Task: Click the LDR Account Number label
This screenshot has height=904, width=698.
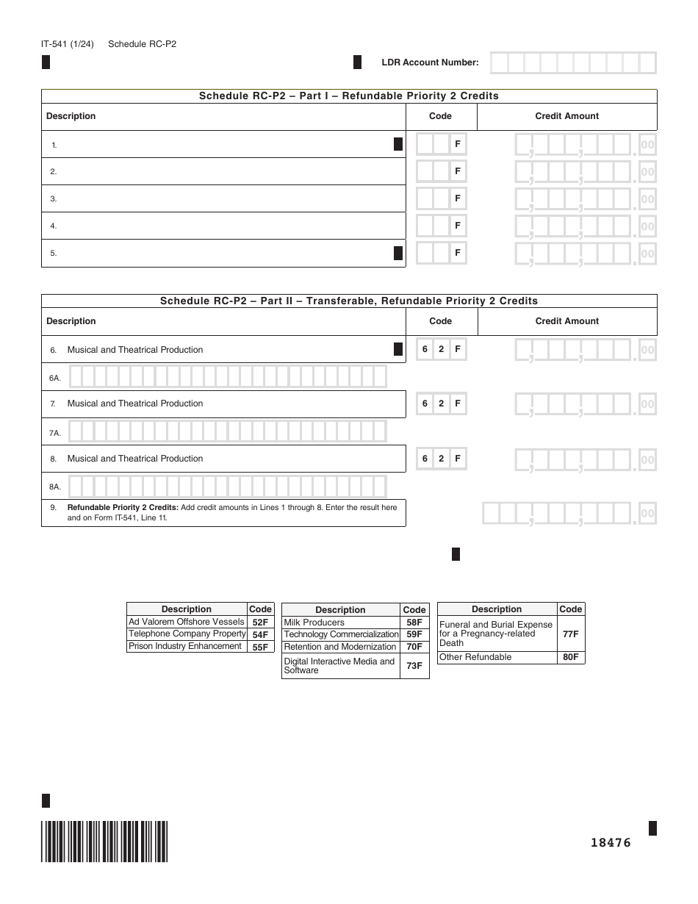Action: pos(430,62)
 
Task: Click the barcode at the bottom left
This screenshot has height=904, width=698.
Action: pos(104,841)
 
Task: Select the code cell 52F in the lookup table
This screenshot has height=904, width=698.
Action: pos(260,622)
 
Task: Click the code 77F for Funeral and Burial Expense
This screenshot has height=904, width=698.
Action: pos(570,634)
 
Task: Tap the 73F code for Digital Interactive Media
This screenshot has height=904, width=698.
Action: pos(414,666)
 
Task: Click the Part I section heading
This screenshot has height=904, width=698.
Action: pos(349,96)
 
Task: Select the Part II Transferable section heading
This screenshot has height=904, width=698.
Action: pos(349,301)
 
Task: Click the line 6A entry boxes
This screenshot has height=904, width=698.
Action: pos(228,377)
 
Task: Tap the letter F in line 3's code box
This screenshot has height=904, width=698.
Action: pos(458,198)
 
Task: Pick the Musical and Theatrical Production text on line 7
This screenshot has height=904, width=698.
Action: pos(135,403)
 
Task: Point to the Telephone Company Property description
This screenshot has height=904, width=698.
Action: pos(187,634)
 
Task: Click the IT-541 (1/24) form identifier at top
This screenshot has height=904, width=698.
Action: pos(67,44)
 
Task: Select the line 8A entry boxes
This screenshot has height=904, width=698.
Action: pos(228,486)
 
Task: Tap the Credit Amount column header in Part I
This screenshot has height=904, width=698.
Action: pos(566,116)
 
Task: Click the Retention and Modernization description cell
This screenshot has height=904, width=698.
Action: pos(340,647)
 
